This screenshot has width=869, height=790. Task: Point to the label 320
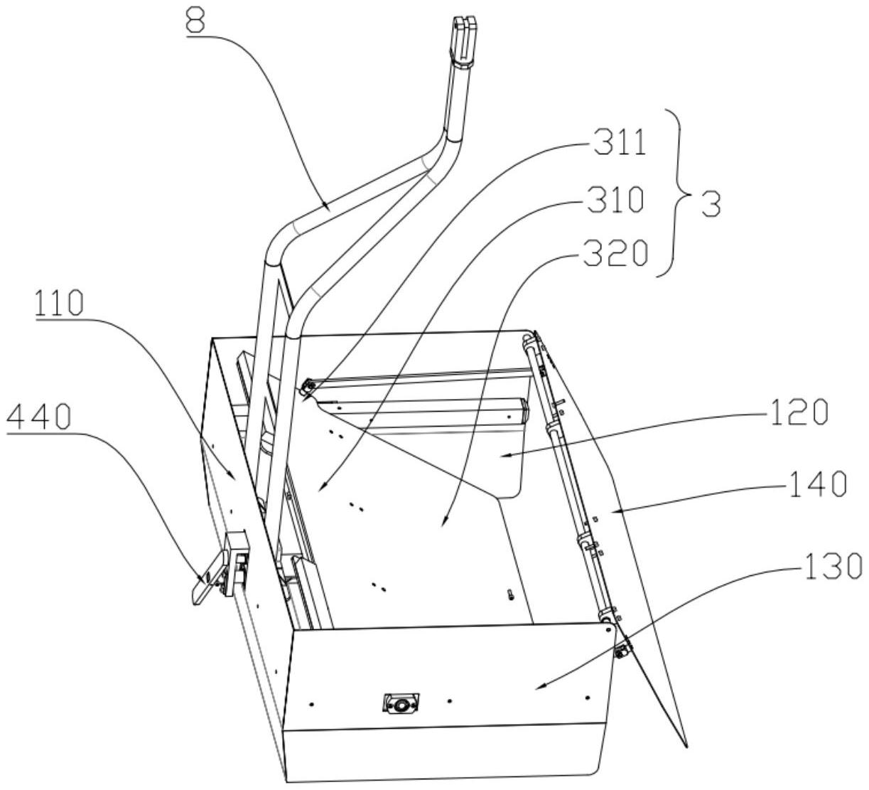tap(615, 253)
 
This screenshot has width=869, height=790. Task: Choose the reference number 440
tap(39, 418)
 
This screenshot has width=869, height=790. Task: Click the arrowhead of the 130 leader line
tap(538, 687)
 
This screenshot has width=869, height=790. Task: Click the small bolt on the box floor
tap(510, 594)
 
